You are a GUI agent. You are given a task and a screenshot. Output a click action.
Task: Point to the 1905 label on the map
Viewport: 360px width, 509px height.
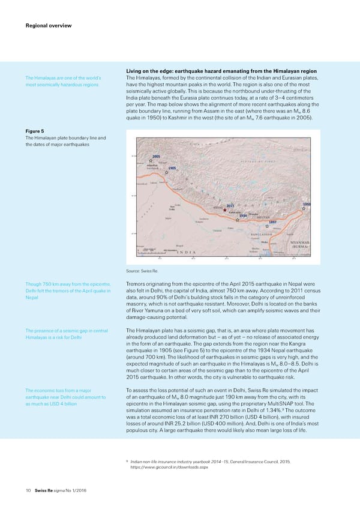172,168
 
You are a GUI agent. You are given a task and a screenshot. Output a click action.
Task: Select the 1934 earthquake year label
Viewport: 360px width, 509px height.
243,216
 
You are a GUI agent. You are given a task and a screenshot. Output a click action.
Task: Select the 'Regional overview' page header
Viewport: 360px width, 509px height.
48,25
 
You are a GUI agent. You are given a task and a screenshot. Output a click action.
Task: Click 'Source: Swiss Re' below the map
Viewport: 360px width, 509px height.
141,272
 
